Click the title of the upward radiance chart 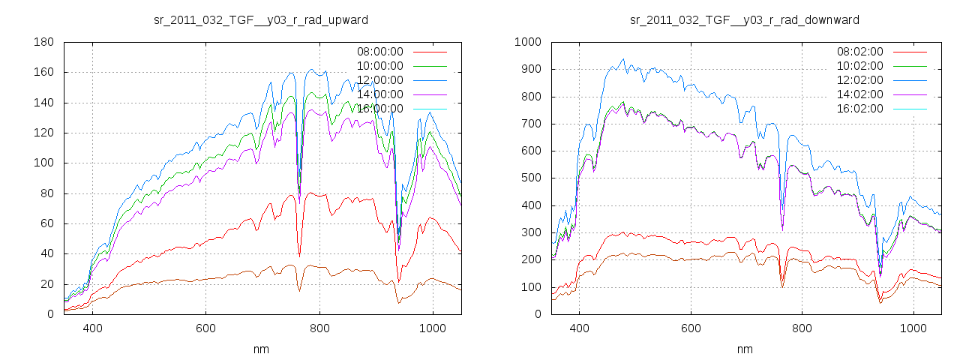click(261, 19)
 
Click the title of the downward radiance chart click(745, 19)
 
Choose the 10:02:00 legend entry click(860, 66)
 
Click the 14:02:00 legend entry click(860, 94)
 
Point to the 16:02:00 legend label click(860, 109)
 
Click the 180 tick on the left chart click(43, 43)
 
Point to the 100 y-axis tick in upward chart click(43, 163)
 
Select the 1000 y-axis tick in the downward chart click(528, 43)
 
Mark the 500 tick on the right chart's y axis click(531, 178)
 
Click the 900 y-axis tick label click(531, 70)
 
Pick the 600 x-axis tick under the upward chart click(205, 328)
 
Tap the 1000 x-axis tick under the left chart click(432, 328)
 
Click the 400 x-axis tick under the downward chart click(579, 328)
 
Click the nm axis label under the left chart click(261, 349)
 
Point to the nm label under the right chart click(745, 349)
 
